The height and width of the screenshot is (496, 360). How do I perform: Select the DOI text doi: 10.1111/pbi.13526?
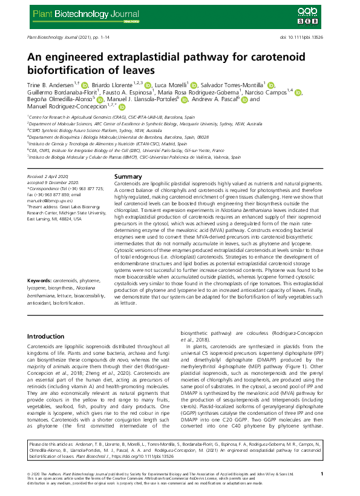[309, 38]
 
